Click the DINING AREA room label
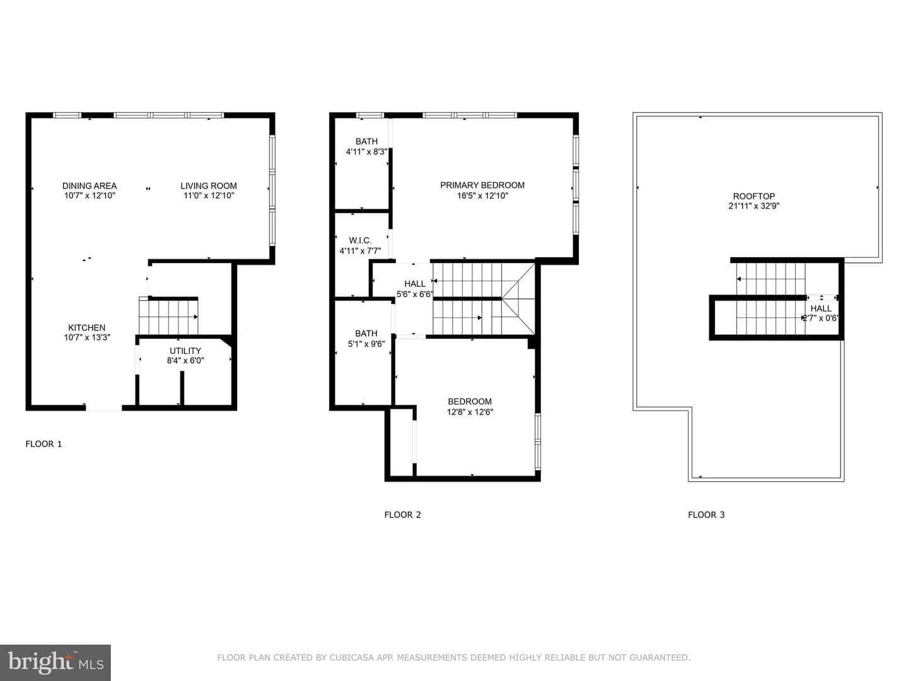[x=90, y=186]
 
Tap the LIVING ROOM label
[x=209, y=186]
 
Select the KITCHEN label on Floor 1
[x=87, y=327]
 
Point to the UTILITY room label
[x=185, y=351]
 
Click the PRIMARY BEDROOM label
[x=482, y=185]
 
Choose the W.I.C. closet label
[x=360, y=240]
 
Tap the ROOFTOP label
[x=754, y=196]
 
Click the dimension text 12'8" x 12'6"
[x=470, y=412]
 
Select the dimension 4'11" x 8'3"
[x=366, y=152]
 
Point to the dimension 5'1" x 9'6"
[x=366, y=344]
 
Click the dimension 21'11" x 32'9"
[x=754, y=206]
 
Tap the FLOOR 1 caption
[x=44, y=444]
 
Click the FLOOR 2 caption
[x=402, y=515]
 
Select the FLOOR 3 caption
[x=706, y=515]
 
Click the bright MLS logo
[x=55, y=662]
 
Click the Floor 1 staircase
[x=168, y=316]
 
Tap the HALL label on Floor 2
[x=414, y=284]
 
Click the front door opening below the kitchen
[x=104, y=408]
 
